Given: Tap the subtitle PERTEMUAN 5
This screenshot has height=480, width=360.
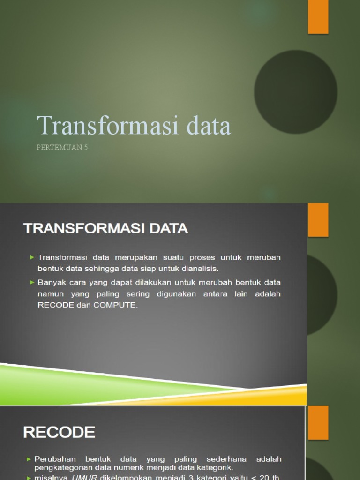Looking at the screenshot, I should pyautogui.click(x=62, y=148).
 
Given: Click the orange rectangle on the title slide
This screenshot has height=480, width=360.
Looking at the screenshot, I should pyautogui.click(x=318, y=17).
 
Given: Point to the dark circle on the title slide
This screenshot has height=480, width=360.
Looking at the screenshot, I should pyautogui.click(x=296, y=91).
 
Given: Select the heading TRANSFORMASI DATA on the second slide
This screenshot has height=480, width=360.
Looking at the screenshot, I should pyautogui.click(x=105, y=229).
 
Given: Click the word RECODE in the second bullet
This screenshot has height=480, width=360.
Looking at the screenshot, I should pyautogui.click(x=56, y=305).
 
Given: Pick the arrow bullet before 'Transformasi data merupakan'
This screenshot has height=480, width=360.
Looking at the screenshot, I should pyautogui.click(x=32, y=257).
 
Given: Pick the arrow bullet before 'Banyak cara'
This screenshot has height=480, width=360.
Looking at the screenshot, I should pyautogui.click(x=32, y=283).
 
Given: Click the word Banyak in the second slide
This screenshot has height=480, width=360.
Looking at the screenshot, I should pyautogui.click(x=52, y=283).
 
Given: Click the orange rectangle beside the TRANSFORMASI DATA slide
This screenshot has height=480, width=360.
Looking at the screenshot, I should pyautogui.click(x=318, y=220).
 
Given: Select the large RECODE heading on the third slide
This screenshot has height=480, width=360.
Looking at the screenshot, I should pyautogui.click(x=59, y=432).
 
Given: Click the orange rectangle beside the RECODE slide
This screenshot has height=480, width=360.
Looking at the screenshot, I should pyautogui.click(x=318, y=423).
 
